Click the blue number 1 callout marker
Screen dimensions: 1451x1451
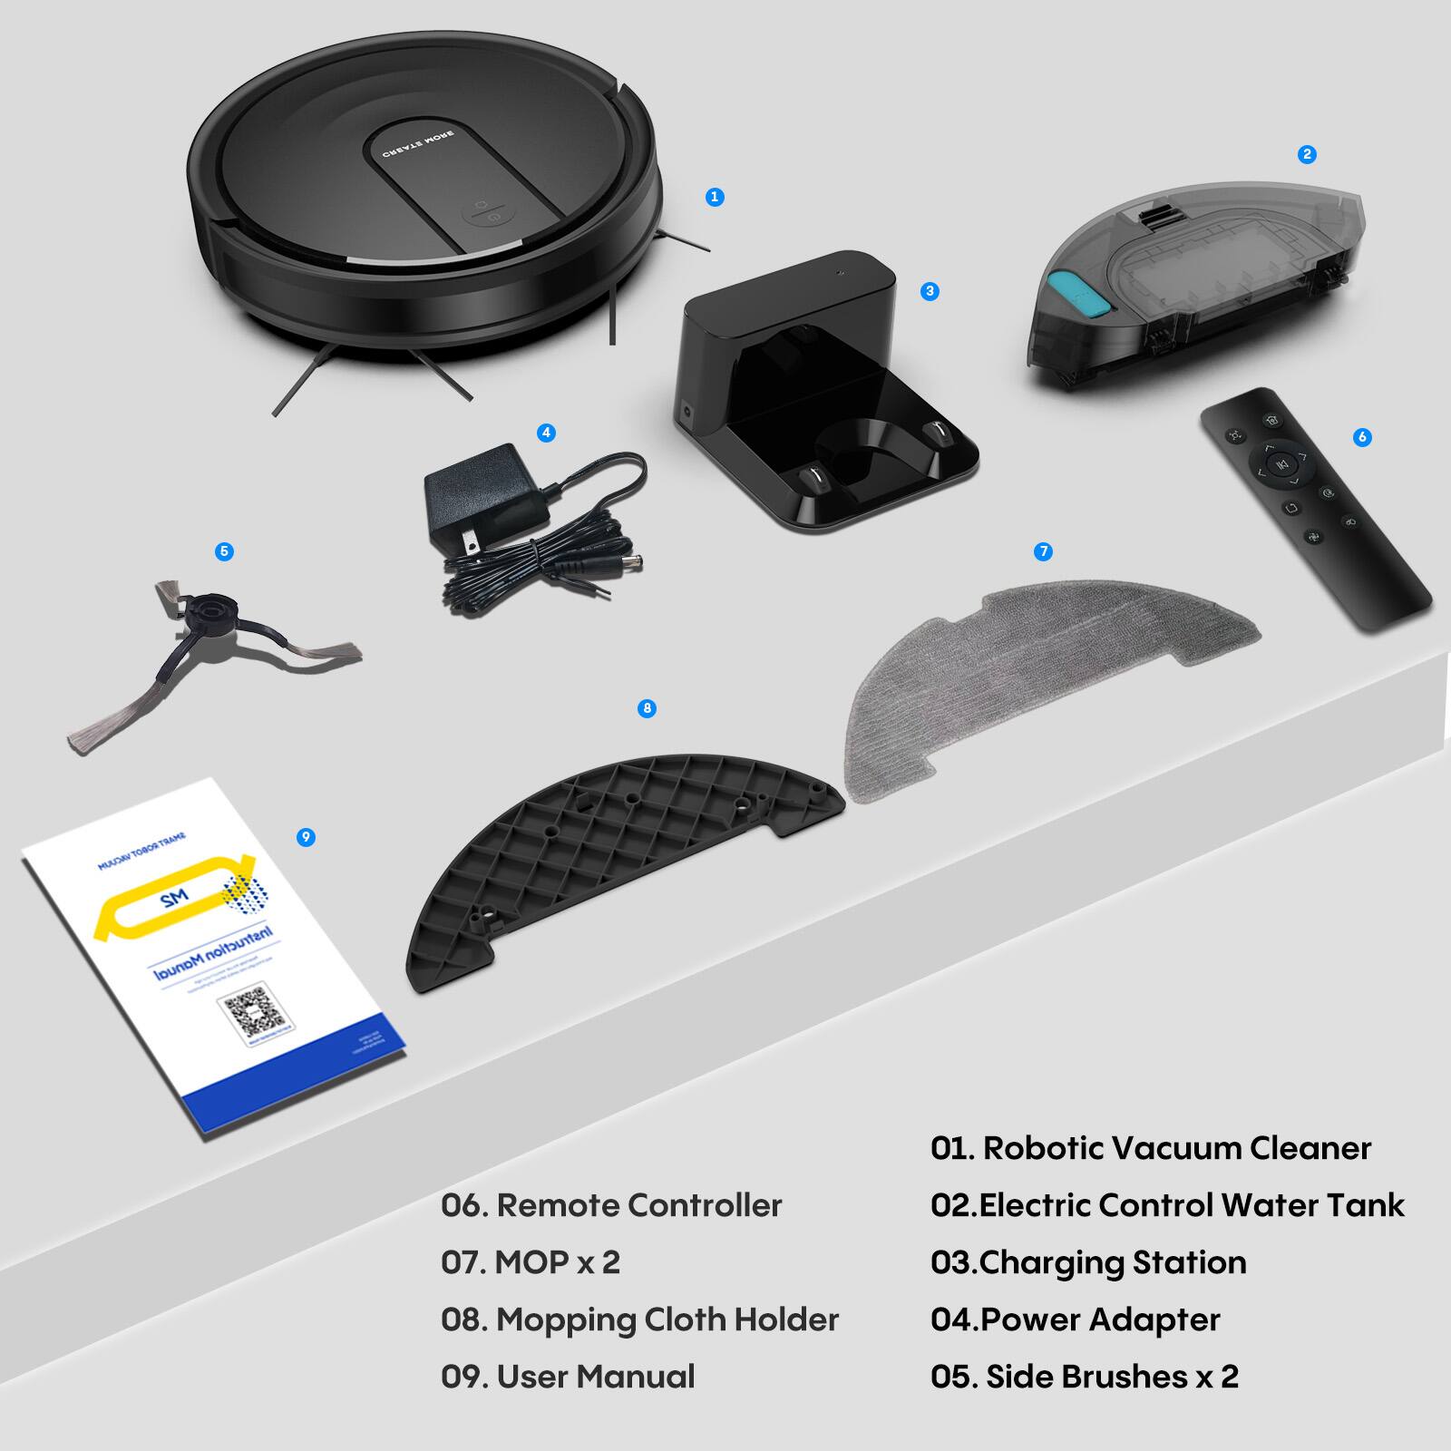click(715, 197)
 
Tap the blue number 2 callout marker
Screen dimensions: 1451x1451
click(1307, 154)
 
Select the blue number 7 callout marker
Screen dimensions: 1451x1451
click(1043, 551)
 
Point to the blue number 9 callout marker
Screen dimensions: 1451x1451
click(306, 837)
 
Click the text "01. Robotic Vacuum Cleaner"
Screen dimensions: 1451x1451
click(1150, 1148)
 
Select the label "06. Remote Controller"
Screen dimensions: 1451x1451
click(611, 1205)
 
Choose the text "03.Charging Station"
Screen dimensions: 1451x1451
click(1088, 1262)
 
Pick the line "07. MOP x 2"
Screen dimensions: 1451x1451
click(531, 1262)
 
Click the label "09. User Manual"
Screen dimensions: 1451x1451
click(568, 1377)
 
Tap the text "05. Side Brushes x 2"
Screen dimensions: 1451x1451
click(1084, 1377)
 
